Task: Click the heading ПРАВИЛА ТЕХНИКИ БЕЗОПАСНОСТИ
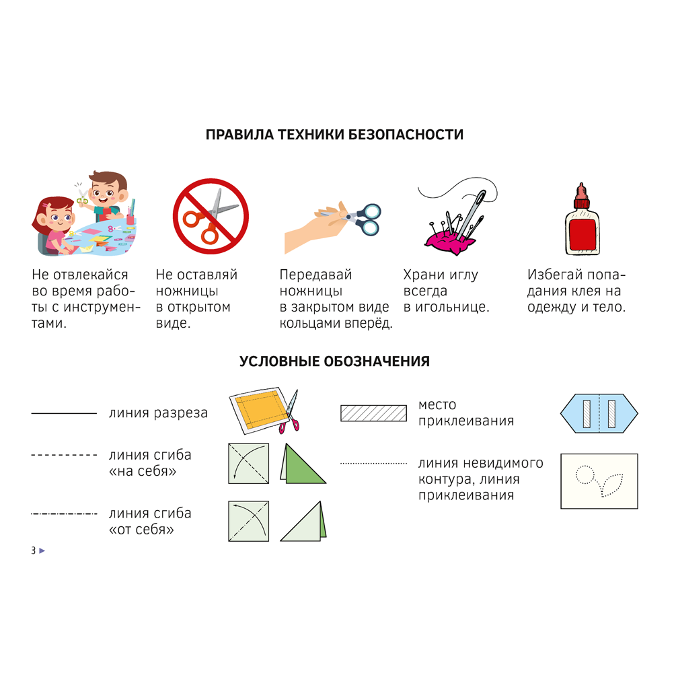334,135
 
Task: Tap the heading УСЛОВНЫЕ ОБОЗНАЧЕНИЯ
334,362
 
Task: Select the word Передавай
315,275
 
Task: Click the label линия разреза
158,413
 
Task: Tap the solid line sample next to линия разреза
64,413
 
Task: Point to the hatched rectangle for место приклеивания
373,413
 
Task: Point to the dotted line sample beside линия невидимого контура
373,464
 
